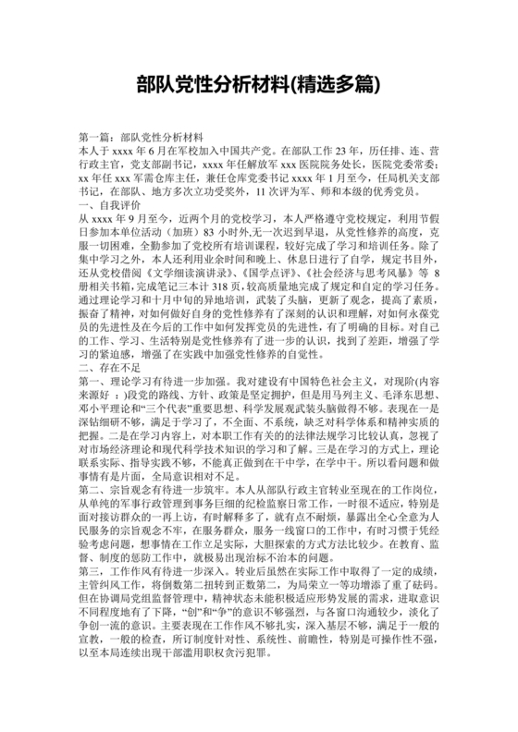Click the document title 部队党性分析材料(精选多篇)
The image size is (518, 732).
(x=259, y=84)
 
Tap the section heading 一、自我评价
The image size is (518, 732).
(x=111, y=200)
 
